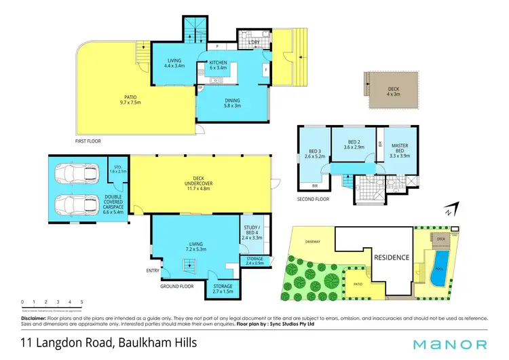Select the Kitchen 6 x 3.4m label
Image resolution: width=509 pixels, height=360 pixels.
coord(216,65)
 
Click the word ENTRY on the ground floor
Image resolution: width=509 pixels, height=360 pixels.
coord(153,270)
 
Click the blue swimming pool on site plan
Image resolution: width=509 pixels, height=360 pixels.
coord(440,263)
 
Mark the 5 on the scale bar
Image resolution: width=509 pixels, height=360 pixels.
coord(82,302)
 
